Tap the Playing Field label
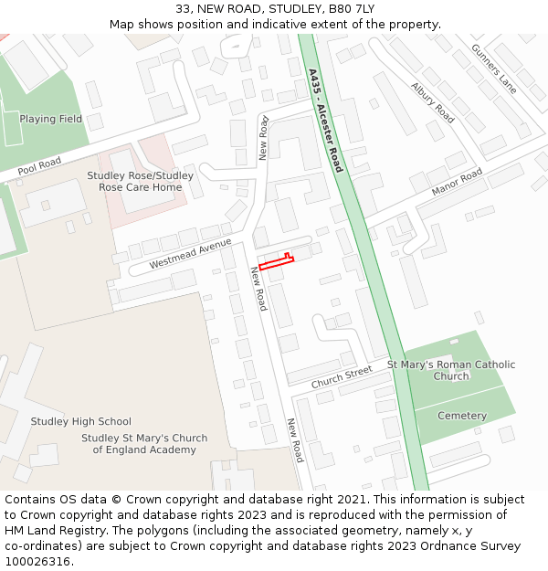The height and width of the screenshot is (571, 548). [x=51, y=119]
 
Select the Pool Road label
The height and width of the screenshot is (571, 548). [x=39, y=165]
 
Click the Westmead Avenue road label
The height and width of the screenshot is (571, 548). [x=191, y=252]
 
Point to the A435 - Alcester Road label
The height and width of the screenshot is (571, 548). [x=325, y=121]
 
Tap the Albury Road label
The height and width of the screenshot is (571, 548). [x=432, y=102]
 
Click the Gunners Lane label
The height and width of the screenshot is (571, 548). [x=494, y=69]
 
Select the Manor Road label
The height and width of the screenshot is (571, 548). [x=457, y=183]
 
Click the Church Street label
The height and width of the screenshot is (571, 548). [x=342, y=376]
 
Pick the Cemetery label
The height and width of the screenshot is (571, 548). [x=462, y=416]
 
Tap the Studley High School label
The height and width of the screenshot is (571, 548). [x=81, y=421]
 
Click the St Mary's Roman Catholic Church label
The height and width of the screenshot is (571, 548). [x=451, y=370]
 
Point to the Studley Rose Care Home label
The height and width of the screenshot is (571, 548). [x=141, y=181]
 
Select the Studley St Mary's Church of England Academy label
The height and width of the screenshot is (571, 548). [x=143, y=444]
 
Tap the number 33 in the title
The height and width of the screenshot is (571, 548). [x=183, y=9]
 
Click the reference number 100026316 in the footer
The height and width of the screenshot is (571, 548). [x=37, y=562]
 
